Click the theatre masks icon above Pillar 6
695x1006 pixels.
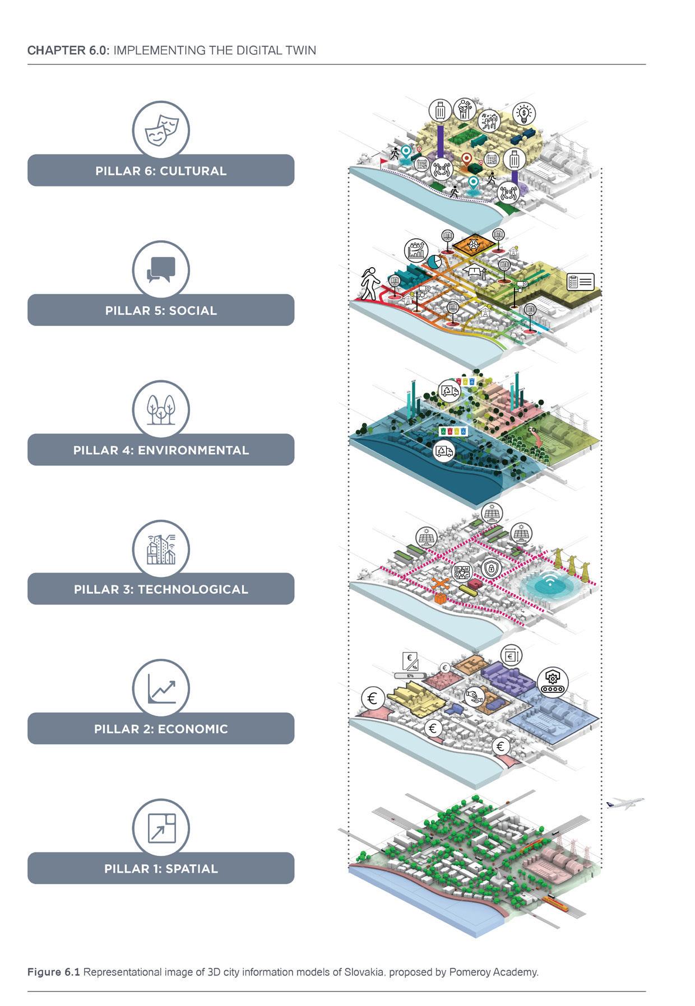tap(161, 130)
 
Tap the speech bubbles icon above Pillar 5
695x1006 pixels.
tap(161, 269)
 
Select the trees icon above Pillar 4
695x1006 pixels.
tap(161, 409)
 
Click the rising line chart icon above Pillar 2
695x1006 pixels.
tap(161, 688)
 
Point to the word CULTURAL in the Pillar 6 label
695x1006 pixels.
tap(193, 171)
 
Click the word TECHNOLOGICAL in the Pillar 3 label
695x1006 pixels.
tap(193, 589)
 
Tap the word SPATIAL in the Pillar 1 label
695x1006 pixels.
tap(192, 869)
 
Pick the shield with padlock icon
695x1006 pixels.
tap(491, 569)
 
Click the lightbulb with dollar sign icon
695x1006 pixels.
tap(524, 114)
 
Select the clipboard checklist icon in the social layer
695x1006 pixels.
tap(580, 281)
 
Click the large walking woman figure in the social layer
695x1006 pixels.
tap(368, 285)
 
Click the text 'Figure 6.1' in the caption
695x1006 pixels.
tap(54, 972)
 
